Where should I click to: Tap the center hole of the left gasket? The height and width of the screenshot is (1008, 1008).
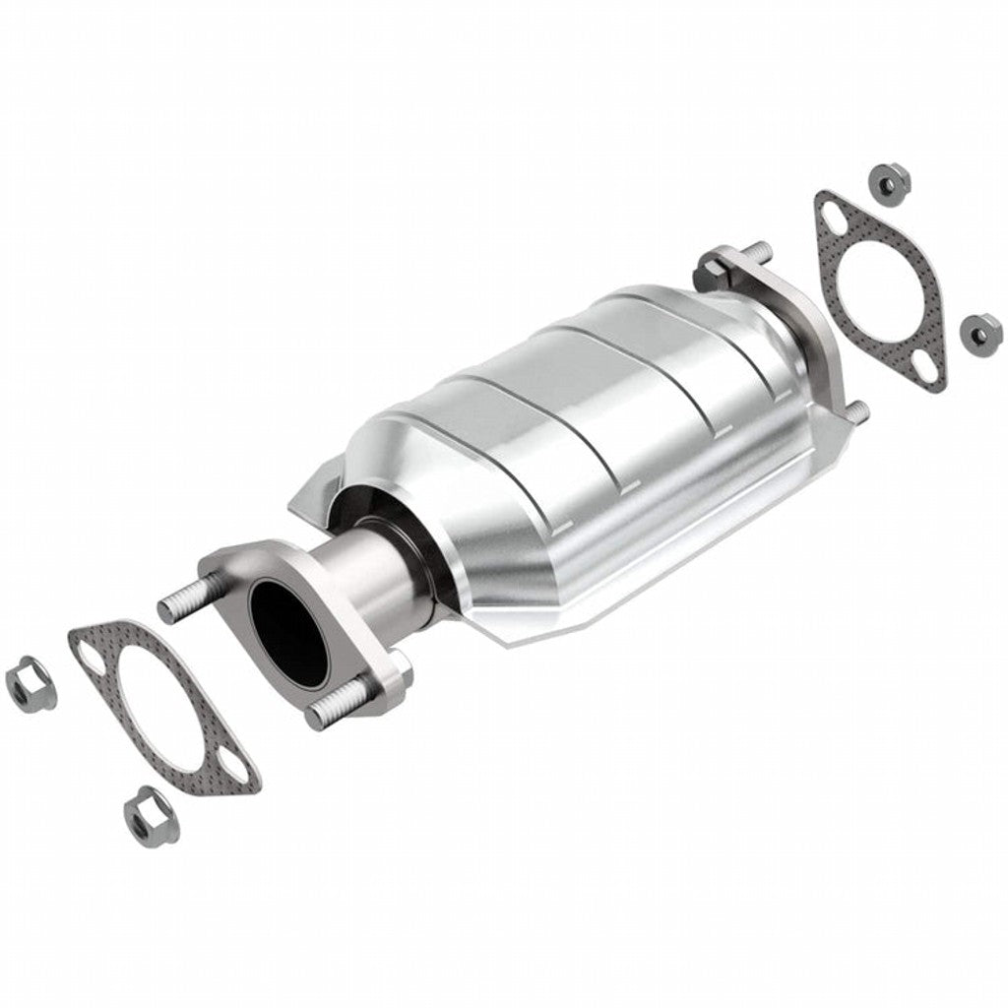(x=165, y=705)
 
